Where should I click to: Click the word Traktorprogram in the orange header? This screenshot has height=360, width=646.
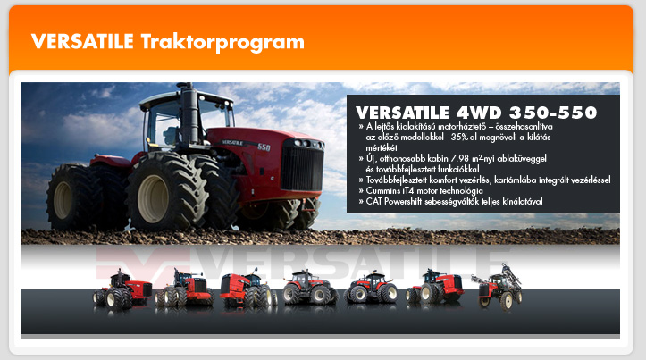point(222,42)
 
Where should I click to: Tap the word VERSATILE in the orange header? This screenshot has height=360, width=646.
point(82,41)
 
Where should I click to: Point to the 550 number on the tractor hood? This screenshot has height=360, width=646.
point(264,147)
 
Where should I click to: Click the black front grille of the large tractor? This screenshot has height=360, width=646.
point(302,169)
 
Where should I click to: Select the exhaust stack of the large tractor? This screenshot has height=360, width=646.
point(189,114)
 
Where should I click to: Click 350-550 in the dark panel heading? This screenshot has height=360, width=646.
point(553,113)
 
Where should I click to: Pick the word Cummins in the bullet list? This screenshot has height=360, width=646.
point(383,190)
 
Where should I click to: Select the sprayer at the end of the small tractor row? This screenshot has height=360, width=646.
point(498,287)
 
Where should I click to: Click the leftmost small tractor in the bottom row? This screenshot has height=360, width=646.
point(122,289)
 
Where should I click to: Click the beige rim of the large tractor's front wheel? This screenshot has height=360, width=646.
point(153,198)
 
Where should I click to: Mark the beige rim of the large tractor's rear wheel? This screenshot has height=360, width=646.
point(63,200)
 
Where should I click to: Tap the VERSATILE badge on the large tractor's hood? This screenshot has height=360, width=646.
point(232,143)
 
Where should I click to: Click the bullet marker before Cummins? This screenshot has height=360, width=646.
point(361,190)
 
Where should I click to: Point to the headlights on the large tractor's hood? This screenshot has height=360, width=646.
point(306,144)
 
